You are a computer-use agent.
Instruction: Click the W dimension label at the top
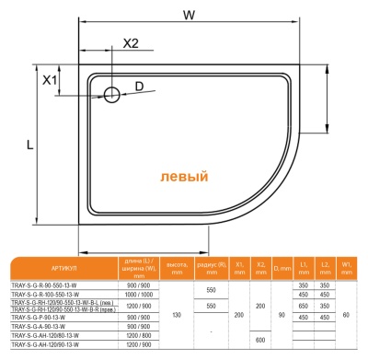tap(188, 15)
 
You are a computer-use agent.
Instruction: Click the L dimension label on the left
tap(30, 145)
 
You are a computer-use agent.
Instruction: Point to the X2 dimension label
tap(131, 43)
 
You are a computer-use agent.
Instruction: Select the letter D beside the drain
tap(139, 87)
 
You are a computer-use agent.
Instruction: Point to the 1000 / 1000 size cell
tap(139, 296)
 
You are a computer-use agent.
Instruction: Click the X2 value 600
tap(260, 341)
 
